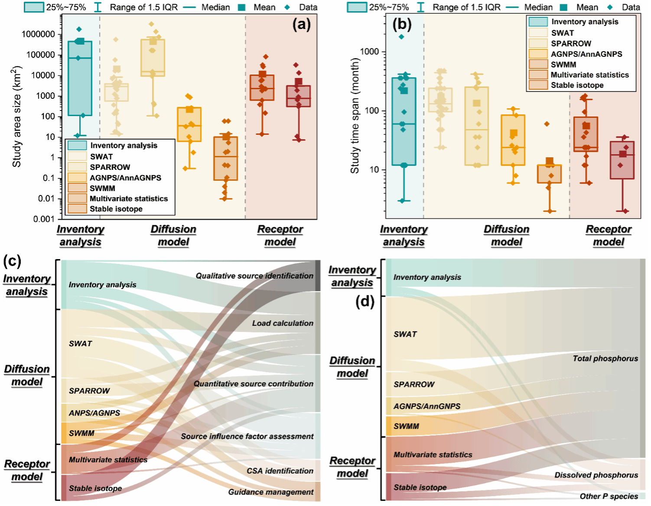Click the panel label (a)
301,24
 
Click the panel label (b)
402,24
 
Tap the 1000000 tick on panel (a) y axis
39,34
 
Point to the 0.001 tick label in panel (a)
44,219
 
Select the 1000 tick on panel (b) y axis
370,52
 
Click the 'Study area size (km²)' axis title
16,117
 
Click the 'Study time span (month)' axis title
355,117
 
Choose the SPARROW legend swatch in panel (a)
77,167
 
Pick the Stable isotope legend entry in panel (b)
577,85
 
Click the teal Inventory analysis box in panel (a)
80,78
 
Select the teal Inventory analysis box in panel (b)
404,121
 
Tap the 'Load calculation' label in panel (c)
283,323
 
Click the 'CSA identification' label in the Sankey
280,471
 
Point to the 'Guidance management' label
271,492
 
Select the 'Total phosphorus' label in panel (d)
605,359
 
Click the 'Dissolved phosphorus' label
596,475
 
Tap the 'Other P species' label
609,496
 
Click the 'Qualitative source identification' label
254,276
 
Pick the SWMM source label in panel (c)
81,433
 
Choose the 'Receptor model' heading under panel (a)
280,236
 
